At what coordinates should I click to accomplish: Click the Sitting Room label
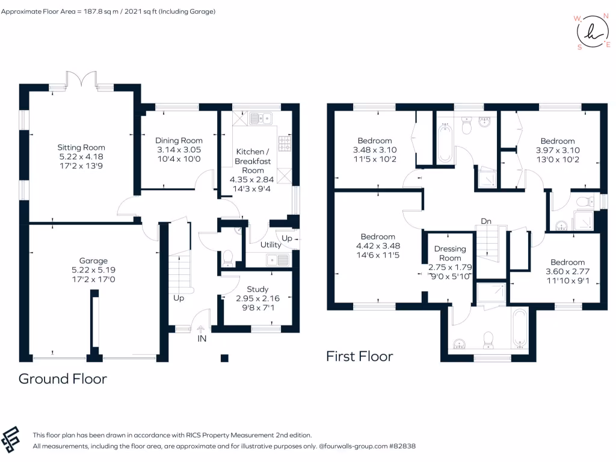pos(81,147)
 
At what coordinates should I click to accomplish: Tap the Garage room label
pos(94,260)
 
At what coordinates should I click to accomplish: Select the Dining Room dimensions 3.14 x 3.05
pos(179,149)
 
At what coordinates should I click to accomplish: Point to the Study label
pos(257,289)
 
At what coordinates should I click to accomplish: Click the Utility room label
pos(270,245)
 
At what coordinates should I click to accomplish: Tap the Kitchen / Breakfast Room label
pos(253,161)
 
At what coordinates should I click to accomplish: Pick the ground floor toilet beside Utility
pos(228,259)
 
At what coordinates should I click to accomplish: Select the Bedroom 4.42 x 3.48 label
pos(378,236)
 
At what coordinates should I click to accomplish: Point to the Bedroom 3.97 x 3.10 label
pos(558,141)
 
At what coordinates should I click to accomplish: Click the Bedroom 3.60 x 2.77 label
pos(567,262)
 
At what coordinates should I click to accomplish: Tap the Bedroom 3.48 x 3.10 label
pos(375,141)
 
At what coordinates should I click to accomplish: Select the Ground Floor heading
pos(63,379)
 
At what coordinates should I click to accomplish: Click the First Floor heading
pos(359,356)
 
